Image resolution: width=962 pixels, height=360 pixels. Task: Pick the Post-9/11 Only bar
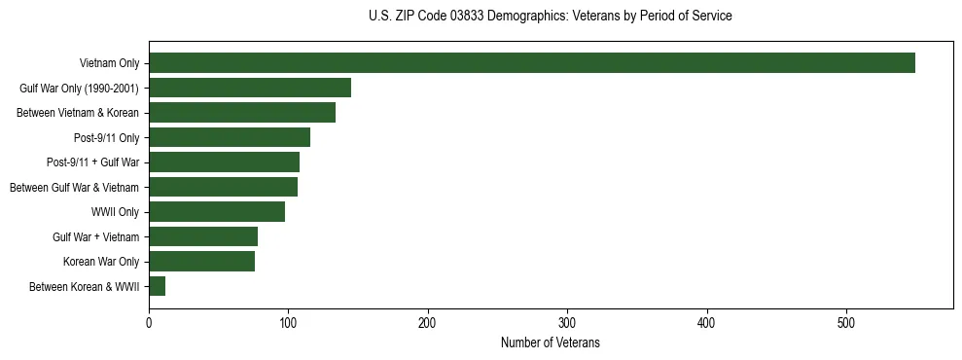click(230, 137)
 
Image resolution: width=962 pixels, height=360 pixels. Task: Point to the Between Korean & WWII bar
click(158, 286)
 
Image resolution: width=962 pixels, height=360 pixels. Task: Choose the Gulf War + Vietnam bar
click(203, 236)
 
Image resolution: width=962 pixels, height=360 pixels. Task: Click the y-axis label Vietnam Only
click(109, 64)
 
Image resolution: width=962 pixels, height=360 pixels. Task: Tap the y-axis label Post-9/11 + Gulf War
click(92, 162)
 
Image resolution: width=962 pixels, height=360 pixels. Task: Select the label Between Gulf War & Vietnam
click(74, 187)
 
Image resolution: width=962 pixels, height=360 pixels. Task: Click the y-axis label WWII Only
click(115, 212)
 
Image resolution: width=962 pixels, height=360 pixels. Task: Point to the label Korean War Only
click(101, 262)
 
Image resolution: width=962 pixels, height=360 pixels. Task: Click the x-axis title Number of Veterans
click(550, 343)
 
